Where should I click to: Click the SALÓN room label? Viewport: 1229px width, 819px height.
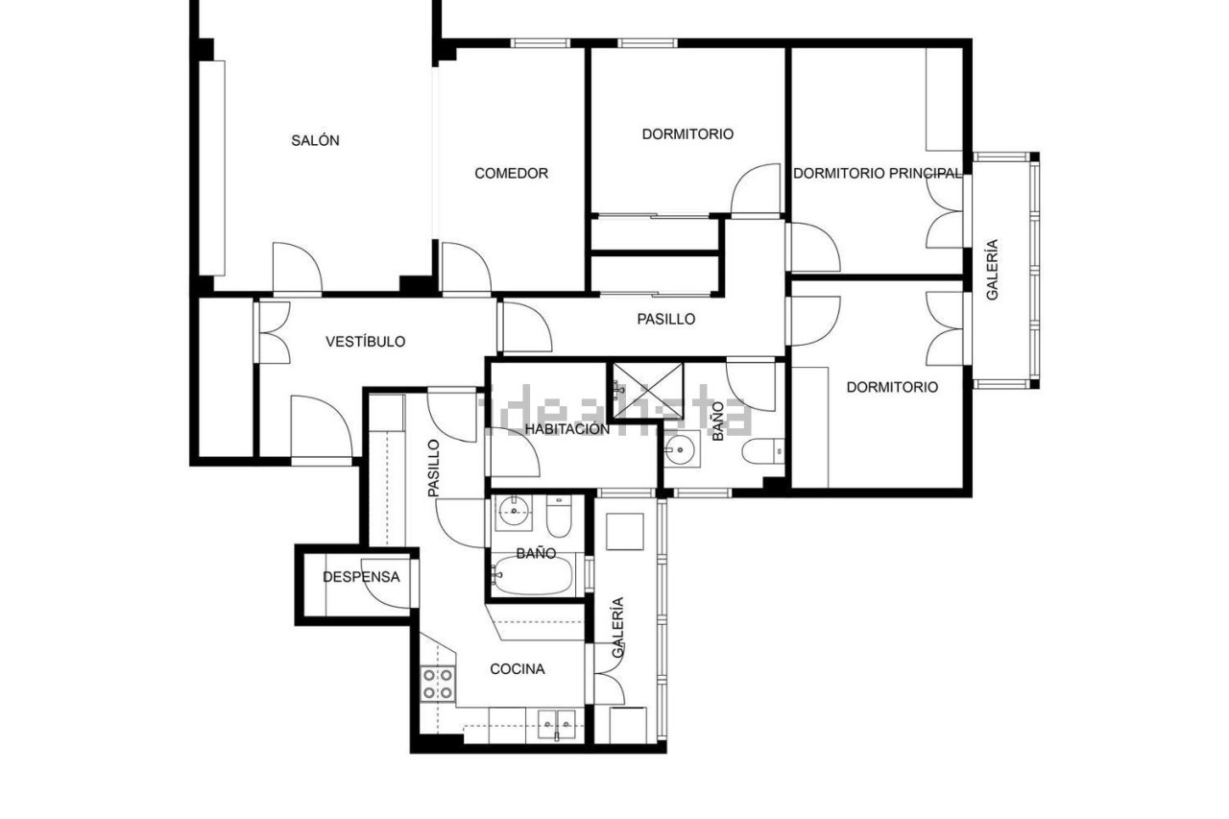pos(315,140)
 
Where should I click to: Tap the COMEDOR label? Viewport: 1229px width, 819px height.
pos(512,174)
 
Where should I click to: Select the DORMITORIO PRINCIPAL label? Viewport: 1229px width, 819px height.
pos(878,174)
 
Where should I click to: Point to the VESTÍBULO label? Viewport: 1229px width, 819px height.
pos(366,341)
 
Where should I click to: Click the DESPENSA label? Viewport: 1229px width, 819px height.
pos(361,577)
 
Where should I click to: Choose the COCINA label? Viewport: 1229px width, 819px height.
pos(518,669)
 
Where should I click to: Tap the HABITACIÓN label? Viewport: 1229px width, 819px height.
pos(567,429)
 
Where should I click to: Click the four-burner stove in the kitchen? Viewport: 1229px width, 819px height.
pos(437,684)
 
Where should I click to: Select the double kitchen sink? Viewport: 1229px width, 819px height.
pos(557,724)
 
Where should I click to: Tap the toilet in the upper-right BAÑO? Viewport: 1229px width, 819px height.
pos(763,452)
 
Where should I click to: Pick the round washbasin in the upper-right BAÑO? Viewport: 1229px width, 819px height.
pos(681,449)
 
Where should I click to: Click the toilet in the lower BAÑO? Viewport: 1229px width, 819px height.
pos(559,517)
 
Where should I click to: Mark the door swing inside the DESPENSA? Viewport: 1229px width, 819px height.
pos(386,584)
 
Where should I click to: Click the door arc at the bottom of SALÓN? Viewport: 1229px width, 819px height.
pos(298,268)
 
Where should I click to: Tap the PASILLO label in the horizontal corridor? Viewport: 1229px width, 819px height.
pos(666,319)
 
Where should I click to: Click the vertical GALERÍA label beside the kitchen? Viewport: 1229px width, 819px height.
pos(617,627)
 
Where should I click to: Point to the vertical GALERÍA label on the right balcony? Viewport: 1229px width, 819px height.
pos(992,270)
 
